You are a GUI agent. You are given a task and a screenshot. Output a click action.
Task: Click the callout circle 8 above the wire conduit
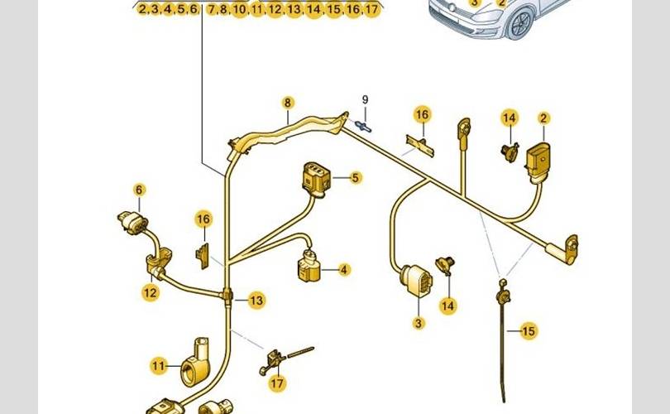(x=288, y=103)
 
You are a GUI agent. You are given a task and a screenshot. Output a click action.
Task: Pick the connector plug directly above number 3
(x=415, y=281)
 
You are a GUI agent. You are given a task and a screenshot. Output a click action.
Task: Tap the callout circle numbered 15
(x=529, y=331)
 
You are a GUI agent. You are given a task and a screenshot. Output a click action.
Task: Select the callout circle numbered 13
(x=257, y=300)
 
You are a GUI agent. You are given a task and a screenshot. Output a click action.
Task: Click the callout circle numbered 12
(x=150, y=291)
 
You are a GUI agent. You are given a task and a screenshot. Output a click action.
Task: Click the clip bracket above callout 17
(x=273, y=359)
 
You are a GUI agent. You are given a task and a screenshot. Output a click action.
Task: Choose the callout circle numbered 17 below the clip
(x=276, y=383)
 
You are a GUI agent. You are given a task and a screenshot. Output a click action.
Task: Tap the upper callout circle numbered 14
(x=509, y=118)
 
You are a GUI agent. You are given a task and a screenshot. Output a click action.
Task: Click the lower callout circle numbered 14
(x=447, y=306)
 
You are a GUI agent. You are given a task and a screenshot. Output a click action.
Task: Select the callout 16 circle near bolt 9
(x=423, y=113)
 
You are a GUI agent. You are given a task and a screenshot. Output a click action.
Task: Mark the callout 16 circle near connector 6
(x=203, y=219)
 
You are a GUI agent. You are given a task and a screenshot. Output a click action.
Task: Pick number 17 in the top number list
(x=371, y=10)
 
